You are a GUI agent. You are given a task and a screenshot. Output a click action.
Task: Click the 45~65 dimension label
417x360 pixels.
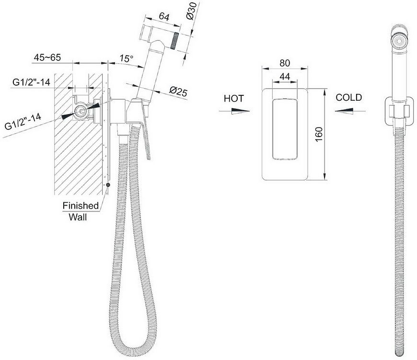(47, 57)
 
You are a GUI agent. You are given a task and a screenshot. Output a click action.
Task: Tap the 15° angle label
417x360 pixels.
(126, 58)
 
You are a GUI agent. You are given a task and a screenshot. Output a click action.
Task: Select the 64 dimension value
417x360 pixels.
(164, 17)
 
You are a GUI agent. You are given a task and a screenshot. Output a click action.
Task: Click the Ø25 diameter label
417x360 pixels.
(178, 91)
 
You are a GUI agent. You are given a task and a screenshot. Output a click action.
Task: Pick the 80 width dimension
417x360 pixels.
(285, 63)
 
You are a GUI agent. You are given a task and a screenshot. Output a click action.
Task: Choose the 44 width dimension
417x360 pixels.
(285, 77)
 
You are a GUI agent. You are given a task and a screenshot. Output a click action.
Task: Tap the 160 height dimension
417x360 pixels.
(318, 135)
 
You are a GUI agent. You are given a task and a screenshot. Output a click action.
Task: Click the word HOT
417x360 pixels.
(234, 98)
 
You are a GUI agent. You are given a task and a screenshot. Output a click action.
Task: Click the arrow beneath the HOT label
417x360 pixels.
(234, 111)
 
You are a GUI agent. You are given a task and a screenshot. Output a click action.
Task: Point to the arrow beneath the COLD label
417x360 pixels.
(350, 111)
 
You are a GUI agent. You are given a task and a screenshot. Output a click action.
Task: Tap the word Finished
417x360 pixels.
(81, 206)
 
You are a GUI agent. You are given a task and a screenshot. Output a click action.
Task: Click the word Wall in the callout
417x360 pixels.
(78, 217)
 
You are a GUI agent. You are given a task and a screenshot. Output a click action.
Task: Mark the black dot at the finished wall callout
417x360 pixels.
(108, 185)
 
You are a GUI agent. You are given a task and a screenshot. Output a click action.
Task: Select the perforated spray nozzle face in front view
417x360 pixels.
(399, 41)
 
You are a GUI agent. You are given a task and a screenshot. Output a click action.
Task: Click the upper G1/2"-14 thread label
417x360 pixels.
(31, 82)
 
